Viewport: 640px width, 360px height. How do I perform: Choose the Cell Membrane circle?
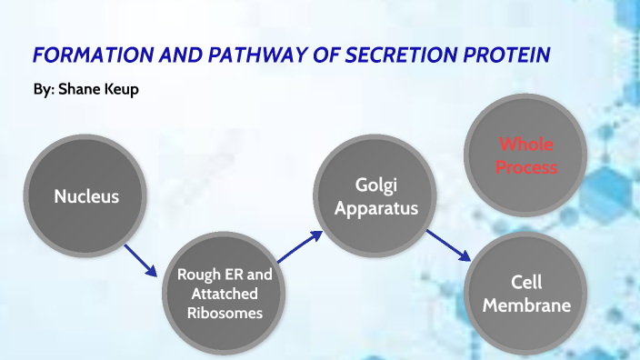coord(526,294)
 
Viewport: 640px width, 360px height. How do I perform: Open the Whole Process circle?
coord(526,155)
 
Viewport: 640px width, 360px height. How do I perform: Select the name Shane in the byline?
coord(81,92)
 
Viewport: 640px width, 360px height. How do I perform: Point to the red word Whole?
coord(526,145)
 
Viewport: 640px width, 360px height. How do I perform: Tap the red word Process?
coord(526,167)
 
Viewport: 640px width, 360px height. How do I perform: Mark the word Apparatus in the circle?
coord(375,208)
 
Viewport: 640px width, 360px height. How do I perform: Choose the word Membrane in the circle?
coord(526,305)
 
